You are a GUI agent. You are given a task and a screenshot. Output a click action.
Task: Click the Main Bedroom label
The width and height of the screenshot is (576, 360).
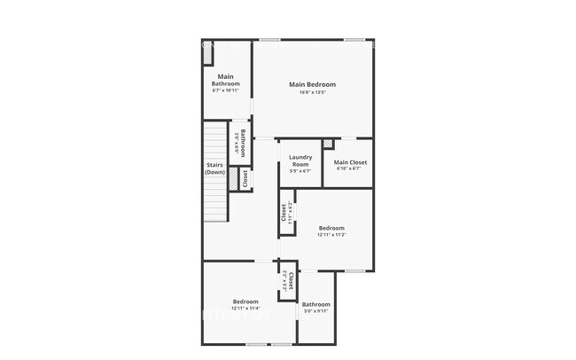pyautogui.click(x=312, y=84)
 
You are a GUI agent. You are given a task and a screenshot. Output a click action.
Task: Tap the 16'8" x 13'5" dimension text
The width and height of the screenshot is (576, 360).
pyautogui.click(x=312, y=92)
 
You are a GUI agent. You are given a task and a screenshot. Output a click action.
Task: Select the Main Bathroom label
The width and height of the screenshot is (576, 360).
pyautogui.click(x=226, y=80)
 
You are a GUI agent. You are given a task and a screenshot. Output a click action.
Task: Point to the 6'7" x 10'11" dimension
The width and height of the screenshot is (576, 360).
pyautogui.click(x=226, y=90)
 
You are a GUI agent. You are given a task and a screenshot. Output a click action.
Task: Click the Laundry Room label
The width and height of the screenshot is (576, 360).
pyautogui.click(x=300, y=160)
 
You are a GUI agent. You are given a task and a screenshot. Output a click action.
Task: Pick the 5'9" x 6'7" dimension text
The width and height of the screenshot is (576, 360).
pyautogui.click(x=300, y=171)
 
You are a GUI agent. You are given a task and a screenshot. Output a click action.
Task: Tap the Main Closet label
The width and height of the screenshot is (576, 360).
pyautogui.click(x=350, y=162)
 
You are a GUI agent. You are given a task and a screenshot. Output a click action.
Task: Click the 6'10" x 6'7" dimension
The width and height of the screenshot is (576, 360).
pyautogui.click(x=350, y=169)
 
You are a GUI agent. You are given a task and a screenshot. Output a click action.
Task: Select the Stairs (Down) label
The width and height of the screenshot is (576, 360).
pyautogui.click(x=215, y=168)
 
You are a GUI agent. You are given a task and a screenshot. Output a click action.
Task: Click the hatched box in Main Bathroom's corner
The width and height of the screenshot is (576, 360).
pyautogui.click(x=207, y=54)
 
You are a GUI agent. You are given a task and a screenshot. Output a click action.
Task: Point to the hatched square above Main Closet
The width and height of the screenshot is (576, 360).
pyautogui.click(x=328, y=144)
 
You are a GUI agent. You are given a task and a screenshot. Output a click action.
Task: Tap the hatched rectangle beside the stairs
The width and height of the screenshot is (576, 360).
pyautogui.click(x=232, y=178)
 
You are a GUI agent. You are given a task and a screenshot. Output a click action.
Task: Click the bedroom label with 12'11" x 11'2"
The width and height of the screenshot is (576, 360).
pyautogui.click(x=331, y=227)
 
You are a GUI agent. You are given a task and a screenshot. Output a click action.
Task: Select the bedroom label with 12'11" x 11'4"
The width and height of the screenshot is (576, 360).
pyautogui.click(x=245, y=301)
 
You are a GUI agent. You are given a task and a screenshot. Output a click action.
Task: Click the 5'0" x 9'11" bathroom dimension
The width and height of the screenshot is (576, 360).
pyautogui.click(x=316, y=311)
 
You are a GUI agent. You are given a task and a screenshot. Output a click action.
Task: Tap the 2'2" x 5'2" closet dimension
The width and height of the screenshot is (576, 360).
pyautogui.click(x=284, y=281)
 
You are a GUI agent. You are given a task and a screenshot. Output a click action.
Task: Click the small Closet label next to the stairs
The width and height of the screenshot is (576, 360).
pyautogui.click(x=245, y=178)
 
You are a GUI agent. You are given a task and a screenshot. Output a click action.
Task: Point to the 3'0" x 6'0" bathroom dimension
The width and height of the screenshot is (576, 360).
pyautogui.click(x=236, y=144)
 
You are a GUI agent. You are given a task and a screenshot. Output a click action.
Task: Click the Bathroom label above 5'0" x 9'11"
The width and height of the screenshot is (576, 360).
pyautogui.click(x=316, y=304)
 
